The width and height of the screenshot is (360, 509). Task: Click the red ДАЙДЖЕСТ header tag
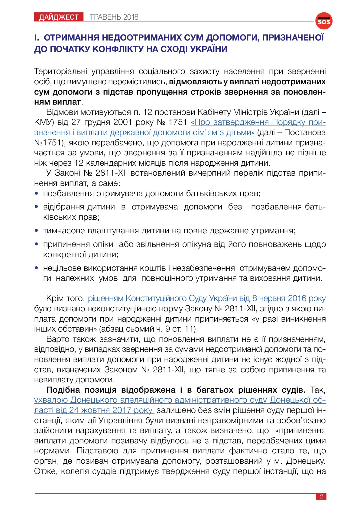tap(59, 17)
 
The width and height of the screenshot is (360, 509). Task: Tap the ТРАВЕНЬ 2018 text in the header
tap(114, 17)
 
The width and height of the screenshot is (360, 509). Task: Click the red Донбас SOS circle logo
tap(324, 21)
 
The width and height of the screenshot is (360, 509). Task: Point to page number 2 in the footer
tap(321, 496)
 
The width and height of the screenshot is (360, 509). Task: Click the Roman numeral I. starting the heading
tap(37, 38)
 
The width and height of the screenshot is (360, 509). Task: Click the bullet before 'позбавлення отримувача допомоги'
tap(37, 193)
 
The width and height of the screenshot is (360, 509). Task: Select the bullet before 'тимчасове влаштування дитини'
tap(37, 231)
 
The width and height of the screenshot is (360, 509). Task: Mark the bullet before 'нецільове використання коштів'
tap(37, 268)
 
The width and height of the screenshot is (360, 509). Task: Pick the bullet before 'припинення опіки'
tap(37, 244)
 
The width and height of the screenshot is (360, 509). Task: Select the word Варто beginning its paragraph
tap(58, 339)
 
